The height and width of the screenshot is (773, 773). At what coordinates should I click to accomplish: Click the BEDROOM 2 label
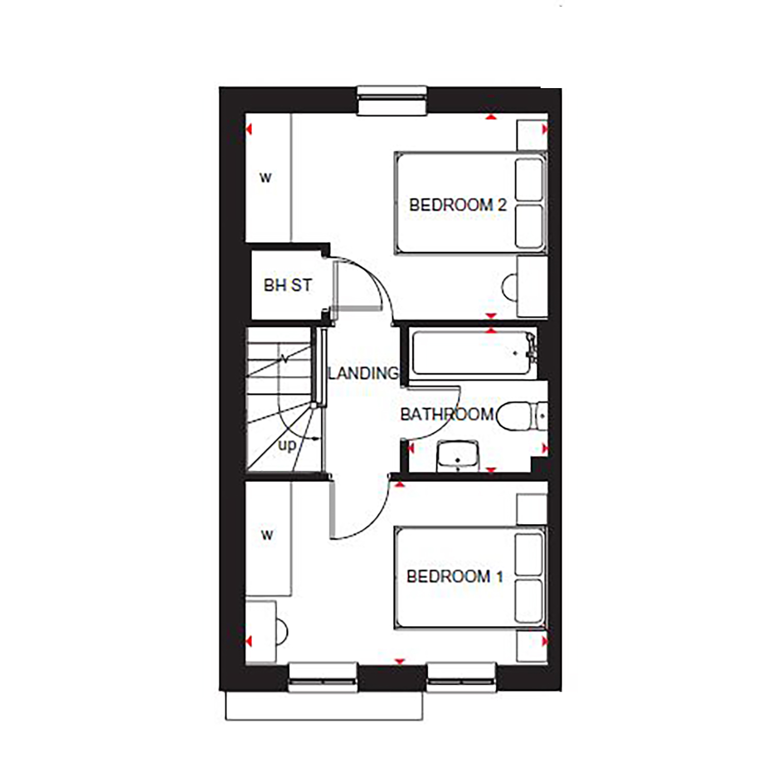click(458, 205)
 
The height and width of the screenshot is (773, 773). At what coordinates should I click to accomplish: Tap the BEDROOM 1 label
click(455, 576)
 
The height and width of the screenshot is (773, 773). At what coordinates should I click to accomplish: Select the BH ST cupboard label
click(288, 285)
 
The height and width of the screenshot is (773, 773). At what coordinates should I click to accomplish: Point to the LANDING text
click(363, 373)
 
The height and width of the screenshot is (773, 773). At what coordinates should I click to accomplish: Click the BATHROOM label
click(447, 414)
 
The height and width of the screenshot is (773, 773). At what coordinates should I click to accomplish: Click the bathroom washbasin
click(458, 456)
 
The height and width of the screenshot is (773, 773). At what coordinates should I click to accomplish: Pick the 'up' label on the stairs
click(287, 445)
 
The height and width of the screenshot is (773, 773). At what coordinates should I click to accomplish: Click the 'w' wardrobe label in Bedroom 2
click(265, 178)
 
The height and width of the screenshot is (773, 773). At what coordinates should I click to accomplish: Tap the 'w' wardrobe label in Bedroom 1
click(267, 535)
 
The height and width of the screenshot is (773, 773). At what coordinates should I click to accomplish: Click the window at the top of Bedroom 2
click(392, 100)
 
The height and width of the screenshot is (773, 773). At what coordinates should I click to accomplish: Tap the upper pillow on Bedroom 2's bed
click(529, 179)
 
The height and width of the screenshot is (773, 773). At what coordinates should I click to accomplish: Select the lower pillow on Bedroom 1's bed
click(529, 600)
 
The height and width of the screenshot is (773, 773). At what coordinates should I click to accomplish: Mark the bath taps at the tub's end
click(530, 345)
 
